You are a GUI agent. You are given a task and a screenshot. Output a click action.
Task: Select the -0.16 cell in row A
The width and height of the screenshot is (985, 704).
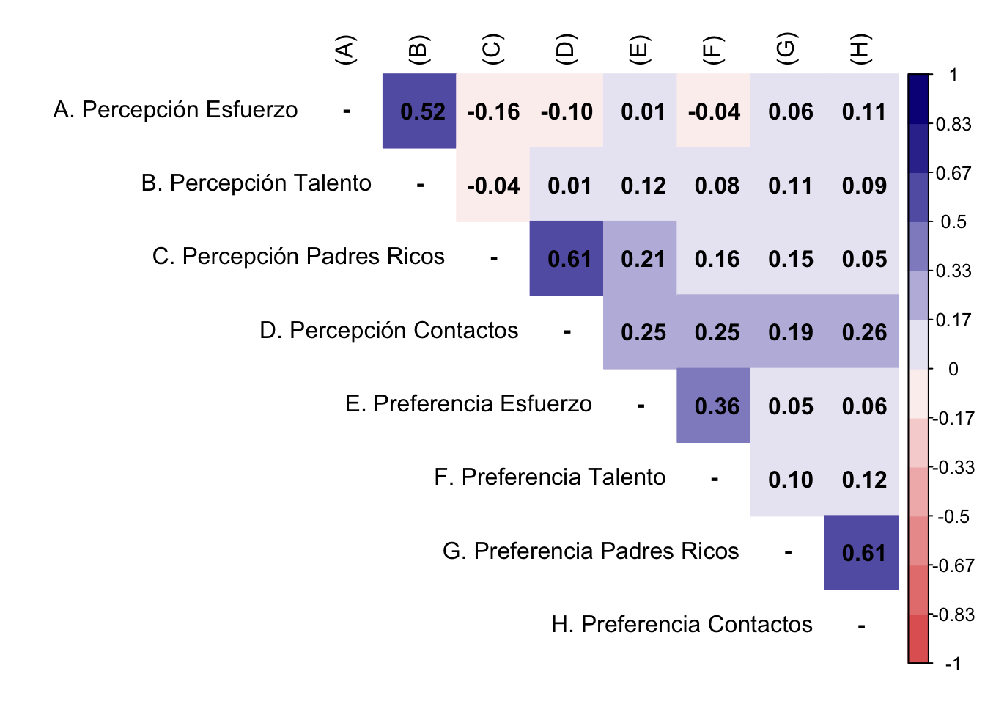[x=493, y=111]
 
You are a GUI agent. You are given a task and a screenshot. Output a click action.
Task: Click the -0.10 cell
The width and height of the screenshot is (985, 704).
[x=567, y=111]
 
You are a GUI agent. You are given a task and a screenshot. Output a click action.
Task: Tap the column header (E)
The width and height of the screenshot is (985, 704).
[x=639, y=50]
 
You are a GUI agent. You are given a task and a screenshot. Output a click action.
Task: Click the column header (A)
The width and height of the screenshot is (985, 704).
[x=344, y=50]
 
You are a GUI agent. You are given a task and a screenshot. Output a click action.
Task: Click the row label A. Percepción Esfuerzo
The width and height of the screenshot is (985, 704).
[x=176, y=110]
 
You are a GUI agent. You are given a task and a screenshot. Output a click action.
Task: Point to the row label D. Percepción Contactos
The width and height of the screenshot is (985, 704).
[x=388, y=331]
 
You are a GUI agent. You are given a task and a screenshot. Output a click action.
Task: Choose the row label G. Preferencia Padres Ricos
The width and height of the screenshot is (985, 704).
[x=591, y=551]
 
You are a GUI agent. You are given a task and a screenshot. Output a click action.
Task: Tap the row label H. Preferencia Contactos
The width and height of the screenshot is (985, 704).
[x=682, y=624]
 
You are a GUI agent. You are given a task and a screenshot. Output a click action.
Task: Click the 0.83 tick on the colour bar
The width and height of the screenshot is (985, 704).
[x=953, y=124]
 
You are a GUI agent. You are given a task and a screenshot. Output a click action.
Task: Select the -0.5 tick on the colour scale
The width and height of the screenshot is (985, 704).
[x=953, y=516]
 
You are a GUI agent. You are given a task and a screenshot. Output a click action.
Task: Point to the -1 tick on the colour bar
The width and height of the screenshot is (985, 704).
[x=952, y=664]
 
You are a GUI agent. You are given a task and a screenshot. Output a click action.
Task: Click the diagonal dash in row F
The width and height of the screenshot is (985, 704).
[x=715, y=480]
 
